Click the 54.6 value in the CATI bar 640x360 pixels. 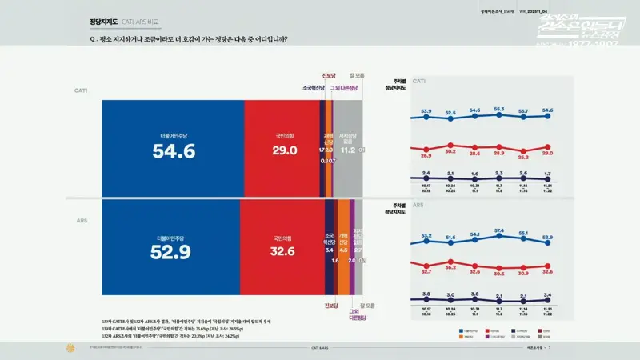(174, 152)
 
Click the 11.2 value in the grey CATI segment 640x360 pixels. (347, 150)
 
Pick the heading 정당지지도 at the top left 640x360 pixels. (104, 22)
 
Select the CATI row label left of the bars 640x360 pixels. (81, 90)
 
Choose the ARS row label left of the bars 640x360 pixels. (81, 218)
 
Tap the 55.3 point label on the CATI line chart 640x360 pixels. (499, 109)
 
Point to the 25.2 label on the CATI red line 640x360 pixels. (523, 157)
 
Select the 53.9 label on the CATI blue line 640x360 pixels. (426, 111)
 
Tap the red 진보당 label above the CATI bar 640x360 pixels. (329, 76)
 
